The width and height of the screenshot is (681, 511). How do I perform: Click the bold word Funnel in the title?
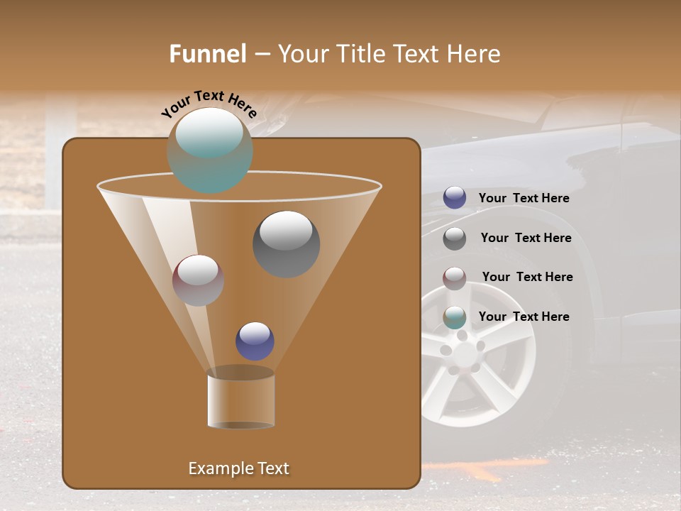(207, 54)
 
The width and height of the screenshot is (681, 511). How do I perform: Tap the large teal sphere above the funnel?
(210, 150)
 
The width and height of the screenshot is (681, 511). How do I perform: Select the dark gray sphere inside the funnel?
(287, 244)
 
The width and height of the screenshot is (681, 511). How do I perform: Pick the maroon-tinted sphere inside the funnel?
(198, 280)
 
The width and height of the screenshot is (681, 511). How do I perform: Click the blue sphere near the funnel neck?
(255, 341)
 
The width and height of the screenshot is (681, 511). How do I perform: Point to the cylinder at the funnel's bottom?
(240, 401)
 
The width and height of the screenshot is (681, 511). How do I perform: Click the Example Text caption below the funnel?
(239, 468)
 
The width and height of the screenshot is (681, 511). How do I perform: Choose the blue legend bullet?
(455, 198)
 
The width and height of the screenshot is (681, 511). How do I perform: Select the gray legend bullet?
(455, 238)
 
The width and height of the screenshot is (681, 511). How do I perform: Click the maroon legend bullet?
(455, 278)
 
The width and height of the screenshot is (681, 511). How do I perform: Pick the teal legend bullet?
(455, 317)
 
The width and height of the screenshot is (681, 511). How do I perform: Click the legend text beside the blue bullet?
(524, 199)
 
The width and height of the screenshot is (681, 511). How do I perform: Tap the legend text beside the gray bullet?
(526, 238)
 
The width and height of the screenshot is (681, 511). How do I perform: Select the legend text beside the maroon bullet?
(527, 278)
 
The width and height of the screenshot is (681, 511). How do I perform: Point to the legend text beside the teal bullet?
(524, 317)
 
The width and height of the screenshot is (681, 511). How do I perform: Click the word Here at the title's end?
(475, 54)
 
